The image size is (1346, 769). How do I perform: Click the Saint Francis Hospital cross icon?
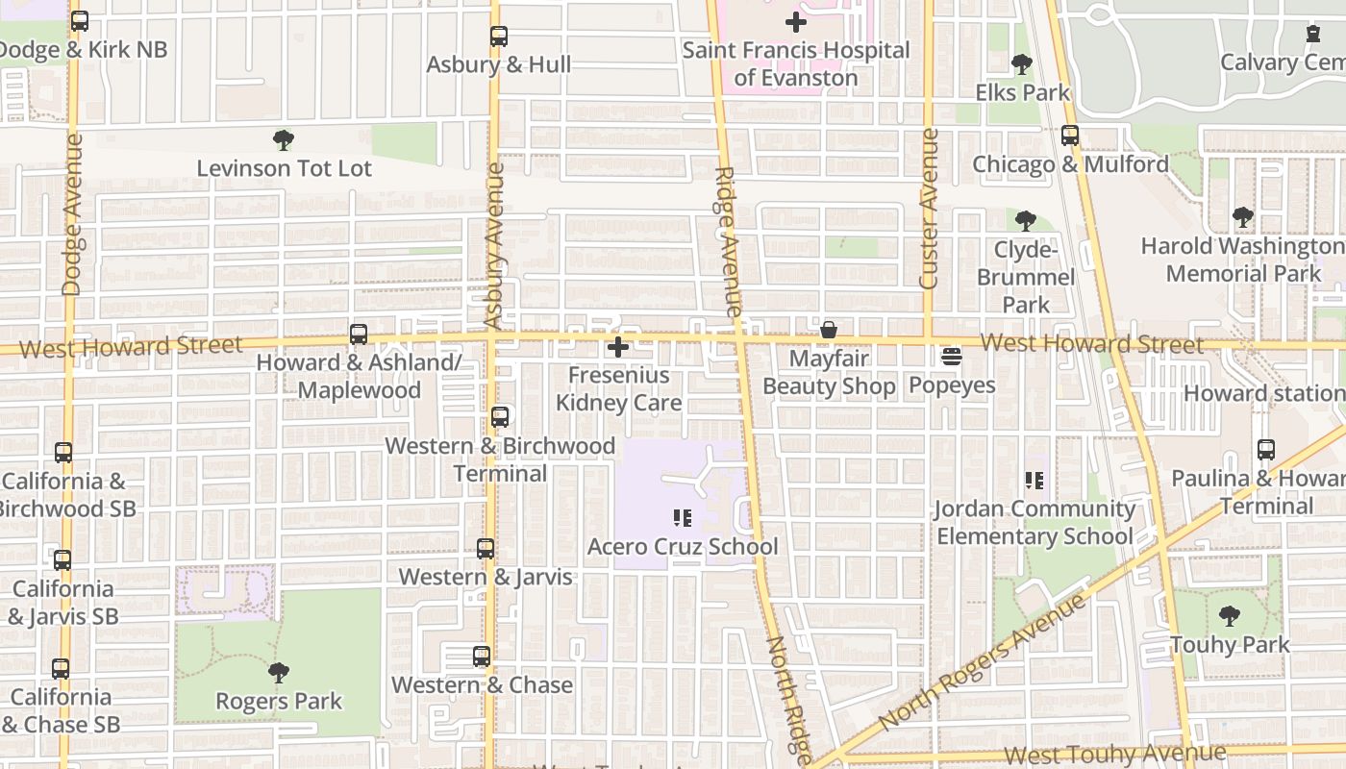point(795,21)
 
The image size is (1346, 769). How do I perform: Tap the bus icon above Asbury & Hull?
point(498,37)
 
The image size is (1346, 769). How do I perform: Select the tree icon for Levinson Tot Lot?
point(283,141)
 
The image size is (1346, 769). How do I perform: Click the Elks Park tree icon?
point(1021,64)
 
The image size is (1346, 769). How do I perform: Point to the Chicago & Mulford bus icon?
point(1070,136)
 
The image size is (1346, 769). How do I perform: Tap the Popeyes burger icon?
point(952,358)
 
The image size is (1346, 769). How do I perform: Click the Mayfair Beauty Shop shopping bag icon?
point(828,331)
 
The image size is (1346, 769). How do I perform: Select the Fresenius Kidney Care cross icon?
point(618,347)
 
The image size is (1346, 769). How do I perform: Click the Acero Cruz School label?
point(683,547)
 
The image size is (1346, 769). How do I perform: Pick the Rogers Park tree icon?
point(279,673)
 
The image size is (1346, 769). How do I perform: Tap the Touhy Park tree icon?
point(1229,616)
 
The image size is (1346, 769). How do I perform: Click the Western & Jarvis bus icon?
point(486,549)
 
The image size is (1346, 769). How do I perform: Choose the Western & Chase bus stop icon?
point(482,657)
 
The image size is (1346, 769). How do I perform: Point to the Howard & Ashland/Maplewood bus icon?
point(359,335)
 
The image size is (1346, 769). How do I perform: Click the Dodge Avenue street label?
point(73,214)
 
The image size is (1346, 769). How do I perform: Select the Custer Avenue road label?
point(929,209)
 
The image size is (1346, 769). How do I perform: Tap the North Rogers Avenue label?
point(982,661)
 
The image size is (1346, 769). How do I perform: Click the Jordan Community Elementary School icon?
point(1034,480)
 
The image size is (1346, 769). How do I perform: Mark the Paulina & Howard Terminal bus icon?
point(1265,450)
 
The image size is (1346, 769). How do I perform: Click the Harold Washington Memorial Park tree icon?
point(1243,217)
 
